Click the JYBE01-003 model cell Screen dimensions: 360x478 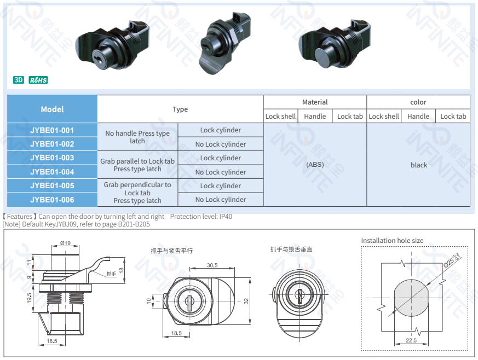(x=52, y=158)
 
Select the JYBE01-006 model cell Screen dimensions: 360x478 (x=52, y=200)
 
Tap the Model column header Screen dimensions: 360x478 (x=52, y=109)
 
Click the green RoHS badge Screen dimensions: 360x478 (x=38, y=80)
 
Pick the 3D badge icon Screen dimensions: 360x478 (x=19, y=80)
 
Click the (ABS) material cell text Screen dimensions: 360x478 (x=315, y=165)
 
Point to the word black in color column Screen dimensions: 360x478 (x=418, y=165)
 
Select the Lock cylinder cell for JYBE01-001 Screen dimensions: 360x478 (x=220, y=130)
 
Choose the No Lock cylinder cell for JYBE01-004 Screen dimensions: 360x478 (x=220, y=172)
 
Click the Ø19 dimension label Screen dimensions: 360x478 (x=65, y=243)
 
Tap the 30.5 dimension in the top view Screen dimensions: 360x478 (x=212, y=265)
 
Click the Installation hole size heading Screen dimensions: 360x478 (x=392, y=241)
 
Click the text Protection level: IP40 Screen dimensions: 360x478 (x=201, y=217)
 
